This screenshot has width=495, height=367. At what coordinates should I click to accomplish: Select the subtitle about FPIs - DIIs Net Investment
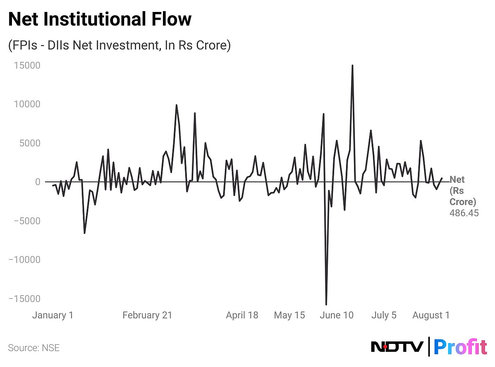click(119, 45)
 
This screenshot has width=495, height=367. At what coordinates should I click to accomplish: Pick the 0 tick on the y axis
click(38, 182)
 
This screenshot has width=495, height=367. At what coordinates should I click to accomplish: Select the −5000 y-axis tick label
click(25, 221)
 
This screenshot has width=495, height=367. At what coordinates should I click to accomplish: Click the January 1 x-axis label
click(53, 315)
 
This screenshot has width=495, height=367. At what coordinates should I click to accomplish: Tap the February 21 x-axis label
click(147, 315)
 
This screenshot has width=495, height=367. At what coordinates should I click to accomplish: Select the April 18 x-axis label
click(242, 315)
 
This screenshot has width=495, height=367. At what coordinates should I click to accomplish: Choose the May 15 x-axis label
click(289, 315)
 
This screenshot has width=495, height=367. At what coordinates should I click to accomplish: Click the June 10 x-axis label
click(337, 315)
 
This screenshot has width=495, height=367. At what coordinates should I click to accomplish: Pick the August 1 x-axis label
click(431, 315)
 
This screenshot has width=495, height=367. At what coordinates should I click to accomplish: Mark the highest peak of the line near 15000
click(352, 66)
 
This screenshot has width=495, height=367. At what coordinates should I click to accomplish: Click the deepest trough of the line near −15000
click(326, 304)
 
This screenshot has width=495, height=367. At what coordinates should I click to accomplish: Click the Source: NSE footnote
click(34, 348)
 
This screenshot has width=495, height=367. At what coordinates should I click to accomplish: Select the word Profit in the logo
click(461, 347)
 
